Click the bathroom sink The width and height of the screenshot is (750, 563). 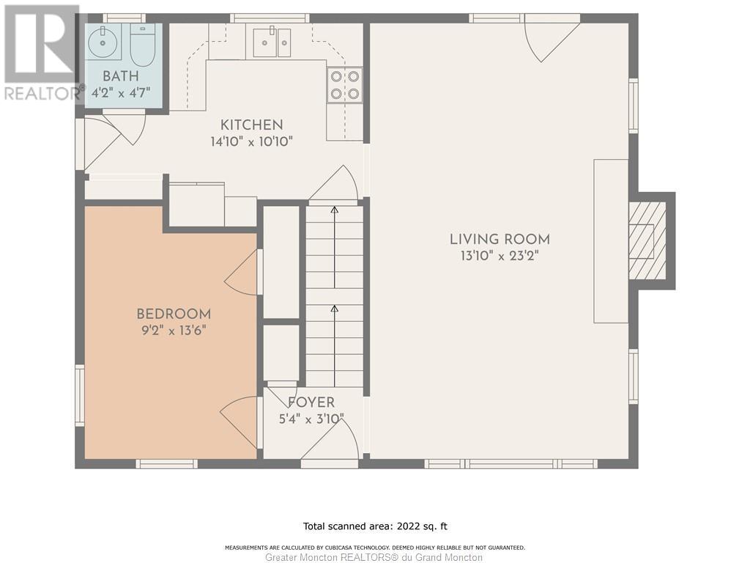coord(104,42)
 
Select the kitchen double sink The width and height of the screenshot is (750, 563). coord(271,42)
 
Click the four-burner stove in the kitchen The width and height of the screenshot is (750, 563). coord(345,85)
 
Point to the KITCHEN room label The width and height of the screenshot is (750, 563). coord(252,125)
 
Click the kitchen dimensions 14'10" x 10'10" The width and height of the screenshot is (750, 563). coord(252,141)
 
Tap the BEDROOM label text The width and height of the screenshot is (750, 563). coord(174,314)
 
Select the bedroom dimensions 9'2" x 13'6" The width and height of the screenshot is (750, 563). coord(174,331)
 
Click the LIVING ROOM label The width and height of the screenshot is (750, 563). coord(500,239)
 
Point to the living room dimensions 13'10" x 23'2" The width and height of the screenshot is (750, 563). coord(500,256)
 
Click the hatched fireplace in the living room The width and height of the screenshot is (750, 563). coord(647,240)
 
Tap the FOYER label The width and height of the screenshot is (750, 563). coord(311,402)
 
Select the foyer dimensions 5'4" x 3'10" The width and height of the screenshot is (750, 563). coord(311,419)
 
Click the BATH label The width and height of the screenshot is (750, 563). coord(121,76)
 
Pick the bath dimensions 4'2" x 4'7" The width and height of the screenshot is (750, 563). coord(121,92)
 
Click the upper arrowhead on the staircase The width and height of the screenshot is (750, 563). coord(334,210)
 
